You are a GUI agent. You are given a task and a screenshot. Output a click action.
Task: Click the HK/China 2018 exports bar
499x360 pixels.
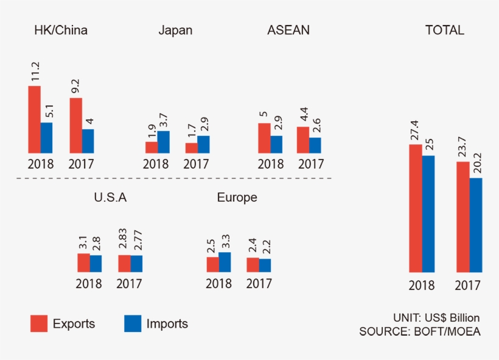tap(34, 119)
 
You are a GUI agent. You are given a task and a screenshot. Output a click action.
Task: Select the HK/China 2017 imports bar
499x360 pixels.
tap(88, 141)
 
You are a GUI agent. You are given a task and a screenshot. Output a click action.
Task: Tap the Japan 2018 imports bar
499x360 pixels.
tap(164, 142)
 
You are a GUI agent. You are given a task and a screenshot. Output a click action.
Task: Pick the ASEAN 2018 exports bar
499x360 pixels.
tap(264, 138)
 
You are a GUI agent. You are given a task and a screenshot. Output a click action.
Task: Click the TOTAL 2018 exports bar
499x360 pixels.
tap(416, 208)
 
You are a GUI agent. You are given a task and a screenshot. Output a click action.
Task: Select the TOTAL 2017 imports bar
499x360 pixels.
tap(476, 225)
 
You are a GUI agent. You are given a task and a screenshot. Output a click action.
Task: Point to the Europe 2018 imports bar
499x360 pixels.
tap(225, 262)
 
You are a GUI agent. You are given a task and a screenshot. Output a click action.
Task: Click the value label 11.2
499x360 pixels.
tap(35, 72)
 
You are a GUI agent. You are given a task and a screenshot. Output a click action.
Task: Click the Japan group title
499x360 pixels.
tap(175, 30)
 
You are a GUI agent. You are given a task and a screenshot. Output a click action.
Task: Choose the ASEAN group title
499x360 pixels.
tap(288, 30)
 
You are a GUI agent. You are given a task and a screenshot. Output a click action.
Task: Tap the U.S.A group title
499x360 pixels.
tap(110, 197)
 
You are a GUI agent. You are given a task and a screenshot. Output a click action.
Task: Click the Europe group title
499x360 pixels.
tap(237, 197)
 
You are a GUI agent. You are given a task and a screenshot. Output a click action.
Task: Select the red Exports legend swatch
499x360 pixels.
tap(39, 323)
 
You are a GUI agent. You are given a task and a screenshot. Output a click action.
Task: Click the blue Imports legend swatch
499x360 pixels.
tap(133, 323)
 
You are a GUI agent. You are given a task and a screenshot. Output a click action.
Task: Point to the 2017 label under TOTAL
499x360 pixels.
tap(468, 286)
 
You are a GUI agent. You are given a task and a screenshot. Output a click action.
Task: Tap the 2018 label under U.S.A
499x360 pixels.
tap(89, 283)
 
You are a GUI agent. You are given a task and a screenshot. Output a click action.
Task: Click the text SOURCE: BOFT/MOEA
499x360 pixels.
tap(420, 332)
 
